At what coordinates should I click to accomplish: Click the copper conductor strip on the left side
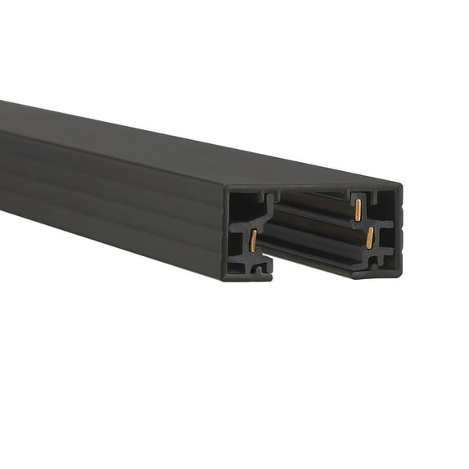pyautogui.click(x=254, y=240)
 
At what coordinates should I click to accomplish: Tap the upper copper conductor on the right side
pyautogui.click(x=358, y=210)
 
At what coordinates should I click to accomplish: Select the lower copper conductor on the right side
pyautogui.click(x=370, y=237)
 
